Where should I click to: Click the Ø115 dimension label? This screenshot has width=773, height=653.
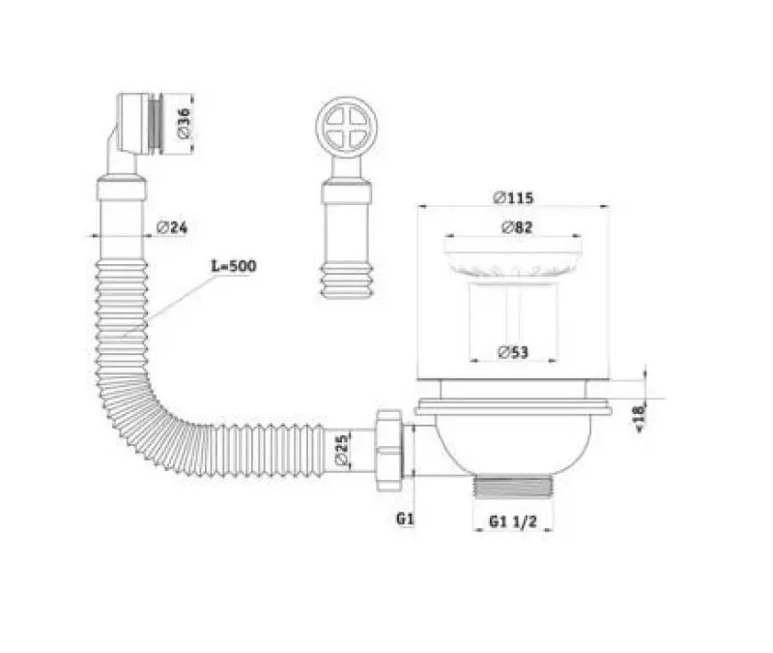click(512, 197)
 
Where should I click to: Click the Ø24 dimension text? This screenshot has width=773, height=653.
click(171, 228)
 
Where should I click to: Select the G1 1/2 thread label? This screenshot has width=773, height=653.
click(512, 521)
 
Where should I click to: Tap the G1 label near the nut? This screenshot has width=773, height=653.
click(405, 520)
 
